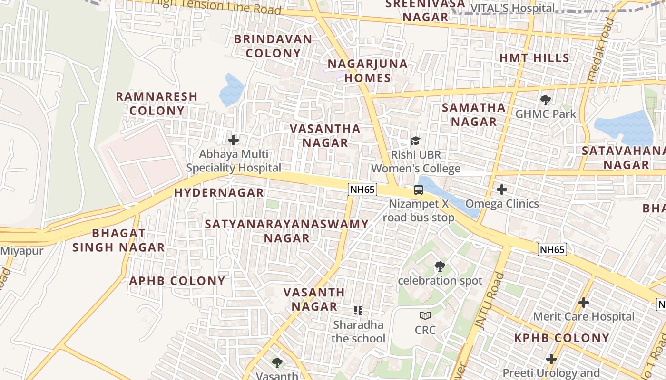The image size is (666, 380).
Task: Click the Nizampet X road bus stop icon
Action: pos(419,190)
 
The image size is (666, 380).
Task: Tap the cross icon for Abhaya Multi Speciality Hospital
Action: pos(234,140)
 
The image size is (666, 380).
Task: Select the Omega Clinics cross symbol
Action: pos(501,190)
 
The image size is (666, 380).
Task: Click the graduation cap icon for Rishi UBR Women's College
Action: pos(415,141)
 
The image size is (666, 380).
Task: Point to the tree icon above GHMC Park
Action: pos(545,100)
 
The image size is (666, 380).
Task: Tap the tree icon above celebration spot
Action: pos(440,266)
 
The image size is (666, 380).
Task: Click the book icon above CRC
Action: pos(425,315)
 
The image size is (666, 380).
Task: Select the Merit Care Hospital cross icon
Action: pos(583,302)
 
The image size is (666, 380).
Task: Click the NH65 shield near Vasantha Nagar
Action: pos(362,190)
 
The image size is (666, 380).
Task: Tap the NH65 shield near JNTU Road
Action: pos(552,249)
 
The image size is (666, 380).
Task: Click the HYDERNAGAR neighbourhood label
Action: pos(219,192)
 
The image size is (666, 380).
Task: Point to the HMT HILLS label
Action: pos(534,58)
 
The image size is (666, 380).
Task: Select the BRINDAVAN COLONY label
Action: pos(273,46)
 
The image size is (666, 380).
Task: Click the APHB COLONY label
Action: pos(177,281)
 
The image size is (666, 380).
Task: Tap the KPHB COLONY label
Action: pos(562,338)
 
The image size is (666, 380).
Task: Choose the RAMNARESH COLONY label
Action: pos(157,104)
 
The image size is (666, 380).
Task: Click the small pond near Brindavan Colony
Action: pos(232,90)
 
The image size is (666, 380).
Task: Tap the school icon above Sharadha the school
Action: pos(358,311)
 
